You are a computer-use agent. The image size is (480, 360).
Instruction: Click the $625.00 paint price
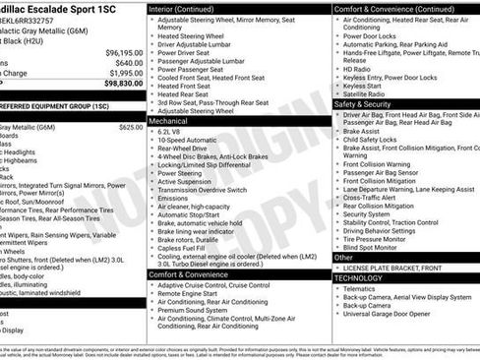click(x=130, y=127)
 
